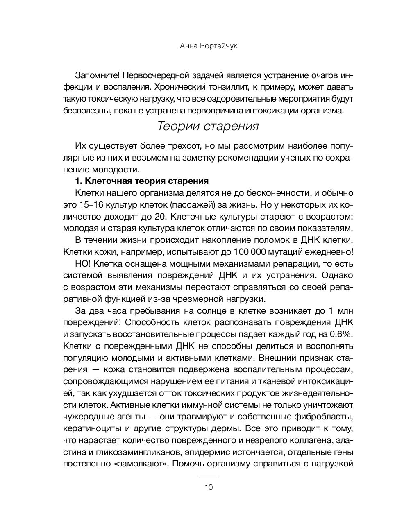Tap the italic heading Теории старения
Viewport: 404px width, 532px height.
[208, 126]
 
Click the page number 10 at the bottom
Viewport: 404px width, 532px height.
[209, 487]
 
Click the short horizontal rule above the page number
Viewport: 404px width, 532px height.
[209, 478]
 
